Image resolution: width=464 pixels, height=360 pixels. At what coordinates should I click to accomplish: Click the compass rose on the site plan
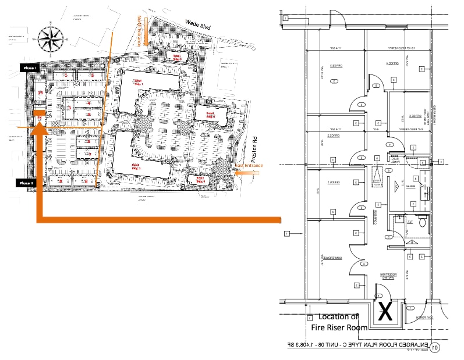51,40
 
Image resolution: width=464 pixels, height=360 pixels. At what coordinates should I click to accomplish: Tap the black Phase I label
29,68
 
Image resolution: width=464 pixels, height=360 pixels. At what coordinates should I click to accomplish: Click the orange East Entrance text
249,166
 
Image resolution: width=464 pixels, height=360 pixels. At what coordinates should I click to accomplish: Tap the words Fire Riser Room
339,327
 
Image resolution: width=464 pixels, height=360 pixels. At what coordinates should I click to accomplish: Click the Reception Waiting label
388,276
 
